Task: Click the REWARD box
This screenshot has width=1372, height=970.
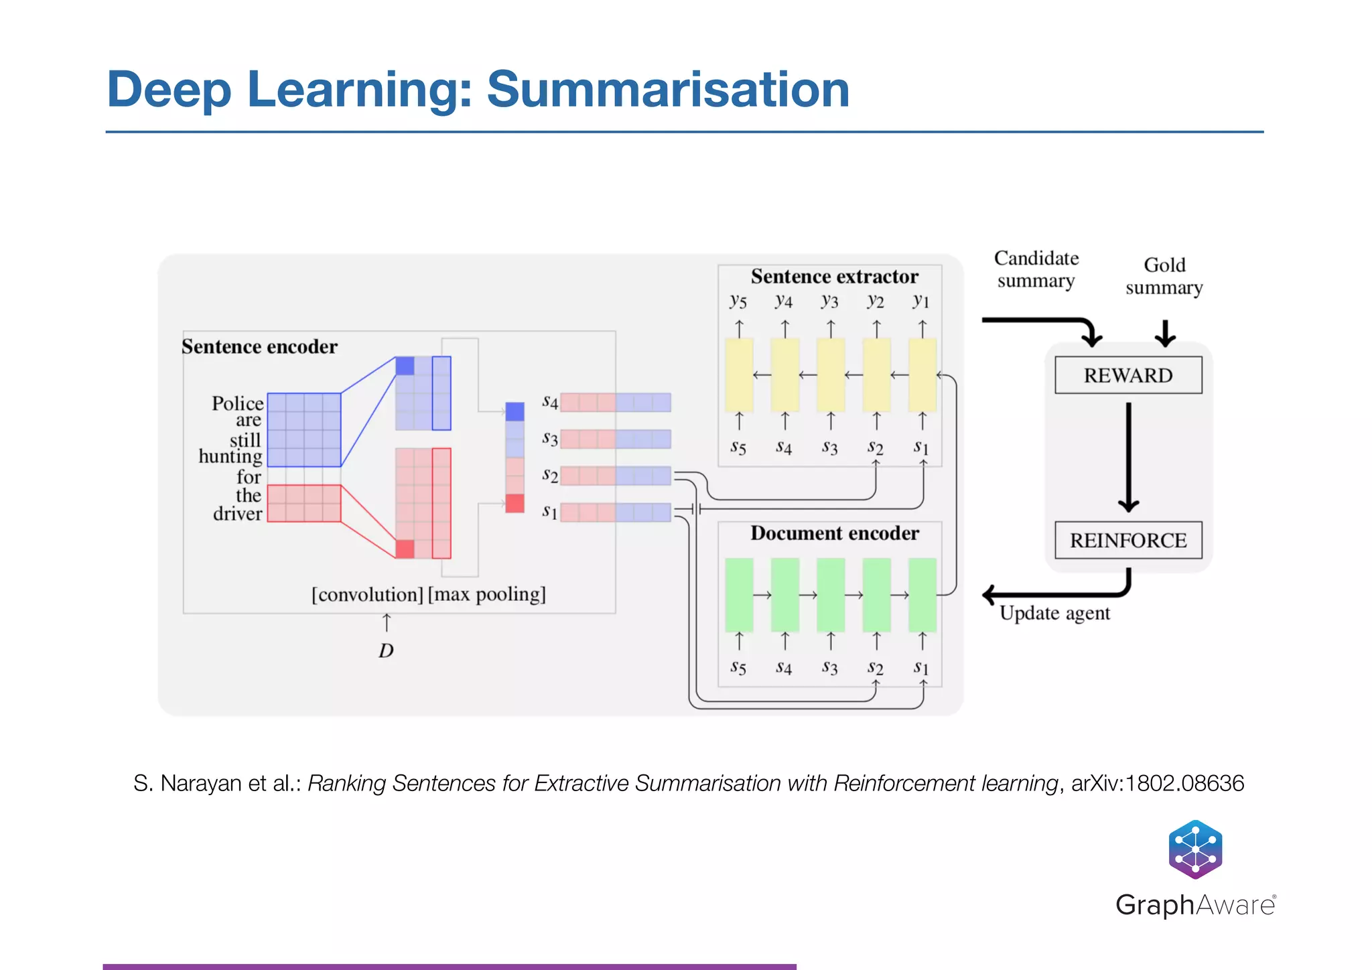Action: point(1128,375)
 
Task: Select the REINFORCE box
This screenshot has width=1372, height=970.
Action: point(1128,540)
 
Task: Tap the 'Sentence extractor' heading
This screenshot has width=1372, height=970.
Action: point(834,277)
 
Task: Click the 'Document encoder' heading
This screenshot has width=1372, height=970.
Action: point(834,533)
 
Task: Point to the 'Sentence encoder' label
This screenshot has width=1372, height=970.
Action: point(259,347)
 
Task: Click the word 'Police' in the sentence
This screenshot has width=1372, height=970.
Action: point(238,403)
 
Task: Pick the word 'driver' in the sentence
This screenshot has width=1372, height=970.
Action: point(238,514)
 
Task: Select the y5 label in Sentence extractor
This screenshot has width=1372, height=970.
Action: point(738,301)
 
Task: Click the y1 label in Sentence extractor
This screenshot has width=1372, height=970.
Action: point(922,301)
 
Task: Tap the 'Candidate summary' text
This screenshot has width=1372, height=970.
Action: point(1036,269)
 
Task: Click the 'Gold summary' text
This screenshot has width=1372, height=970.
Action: point(1164,276)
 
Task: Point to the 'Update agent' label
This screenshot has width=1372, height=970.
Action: point(1054,613)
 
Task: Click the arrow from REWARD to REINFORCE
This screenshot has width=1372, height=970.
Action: point(1129,456)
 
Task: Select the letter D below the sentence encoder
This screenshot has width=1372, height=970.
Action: point(387,650)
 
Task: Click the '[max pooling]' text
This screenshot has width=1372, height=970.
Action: point(487,594)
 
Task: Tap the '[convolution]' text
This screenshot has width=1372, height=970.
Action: point(368,595)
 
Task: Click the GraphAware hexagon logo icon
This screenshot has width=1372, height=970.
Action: point(1195,849)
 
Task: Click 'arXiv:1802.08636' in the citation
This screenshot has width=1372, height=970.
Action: point(1158,783)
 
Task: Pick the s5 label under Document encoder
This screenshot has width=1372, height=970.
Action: point(738,667)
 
